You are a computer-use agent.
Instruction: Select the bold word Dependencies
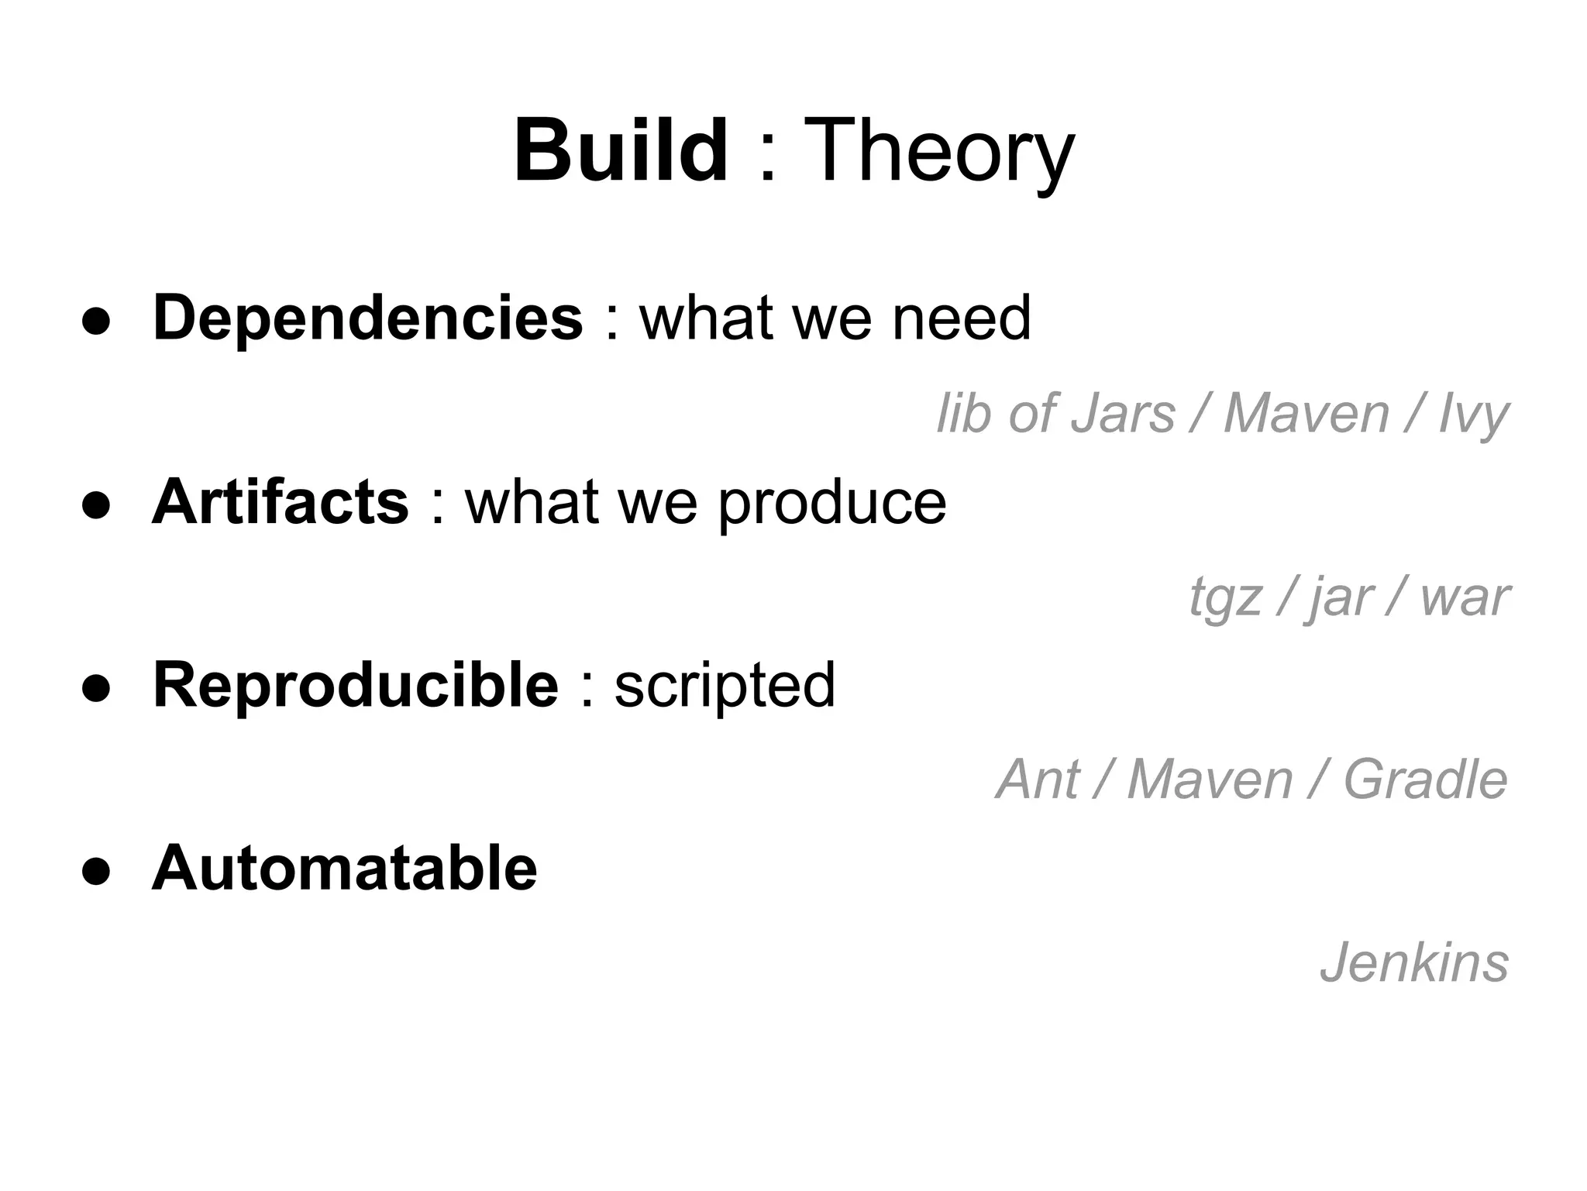coord(367,318)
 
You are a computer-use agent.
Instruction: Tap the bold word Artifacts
coord(280,502)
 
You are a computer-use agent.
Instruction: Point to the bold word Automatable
coord(344,868)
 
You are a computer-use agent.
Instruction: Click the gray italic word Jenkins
coord(1414,963)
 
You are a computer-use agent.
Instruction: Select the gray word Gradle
coord(1425,780)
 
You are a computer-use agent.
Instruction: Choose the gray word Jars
coord(1123,413)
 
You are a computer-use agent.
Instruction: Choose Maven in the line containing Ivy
coord(1306,413)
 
